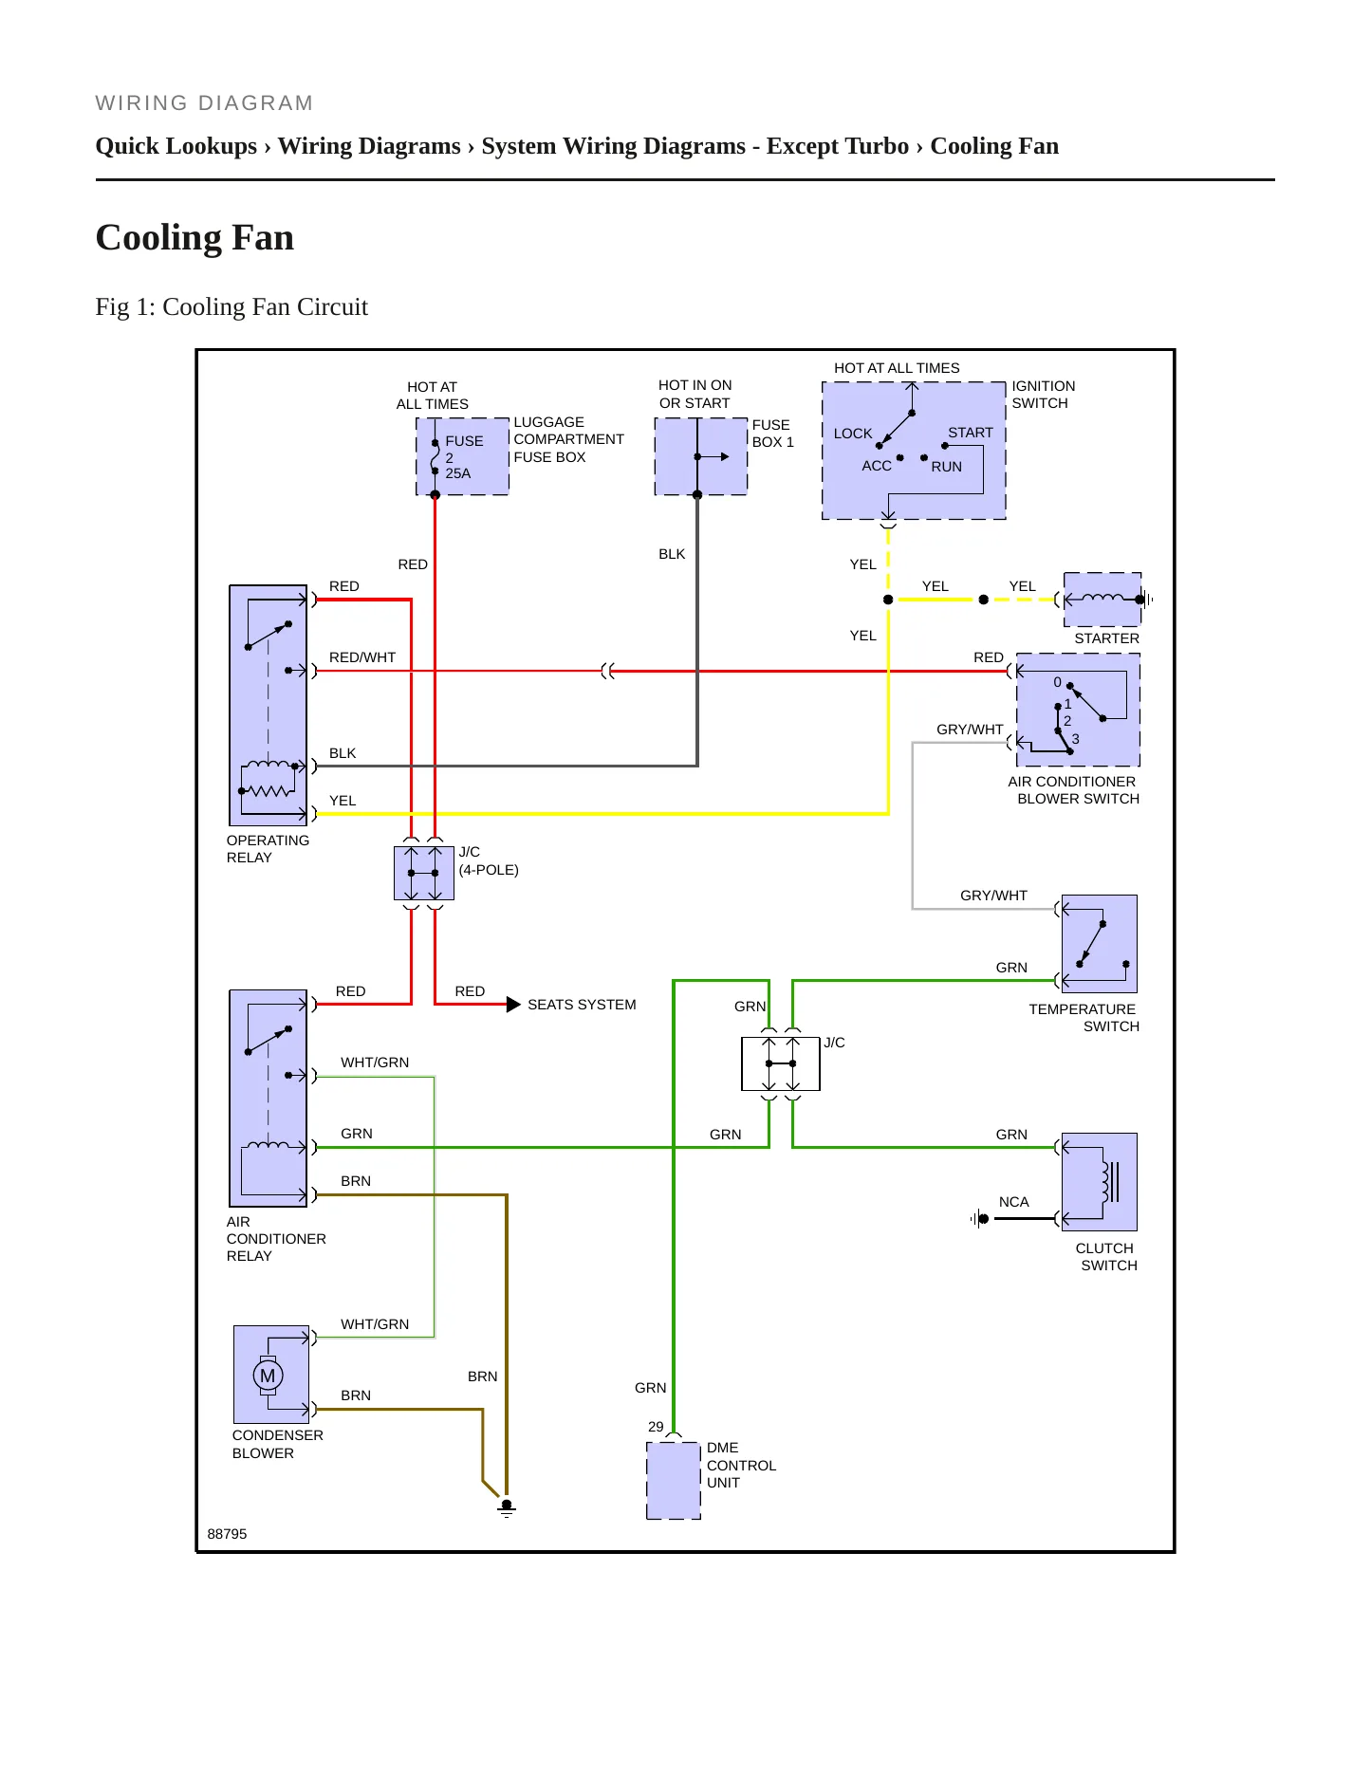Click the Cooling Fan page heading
click(x=195, y=237)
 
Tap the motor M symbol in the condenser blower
click(x=268, y=1376)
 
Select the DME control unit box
click(x=674, y=1481)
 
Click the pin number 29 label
click(x=656, y=1427)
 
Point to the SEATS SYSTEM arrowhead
click(x=513, y=1004)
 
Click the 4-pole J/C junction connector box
click(x=423, y=873)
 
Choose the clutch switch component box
click(x=1100, y=1182)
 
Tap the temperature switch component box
click(x=1100, y=944)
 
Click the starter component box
click(x=1102, y=600)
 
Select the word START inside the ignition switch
click(x=971, y=433)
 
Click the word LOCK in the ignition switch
click(x=853, y=434)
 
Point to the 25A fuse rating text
click(x=458, y=473)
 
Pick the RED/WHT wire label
click(x=362, y=657)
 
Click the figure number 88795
click(x=227, y=1534)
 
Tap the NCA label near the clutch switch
click(x=1014, y=1202)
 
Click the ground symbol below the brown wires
click(x=507, y=1507)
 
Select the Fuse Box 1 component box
click(x=701, y=456)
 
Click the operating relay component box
click(x=269, y=705)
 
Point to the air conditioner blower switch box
click(x=1078, y=710)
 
